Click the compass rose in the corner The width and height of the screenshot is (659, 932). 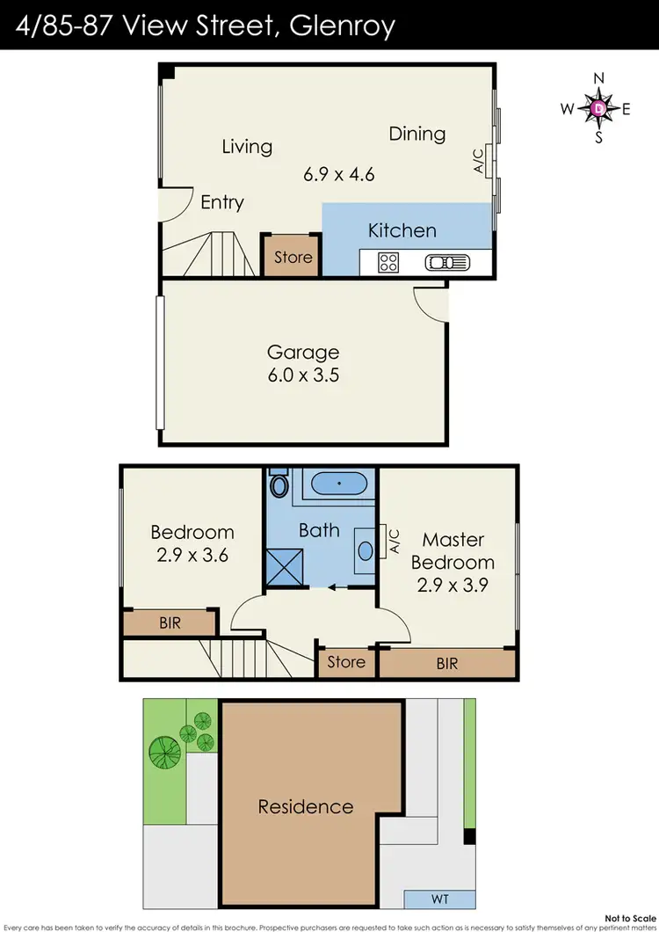[599, 108]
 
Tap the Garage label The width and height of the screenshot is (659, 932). [303, 353]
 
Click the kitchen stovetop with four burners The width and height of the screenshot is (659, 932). [388, 262]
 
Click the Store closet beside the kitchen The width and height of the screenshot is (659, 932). [293, 257]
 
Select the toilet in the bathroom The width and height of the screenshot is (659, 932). [279, 485]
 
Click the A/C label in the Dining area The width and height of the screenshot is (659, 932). [479, 161]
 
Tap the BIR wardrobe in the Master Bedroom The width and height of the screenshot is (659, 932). [447, 664]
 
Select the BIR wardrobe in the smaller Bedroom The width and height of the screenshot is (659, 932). [170, 623]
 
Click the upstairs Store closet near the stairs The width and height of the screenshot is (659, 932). [346, 662]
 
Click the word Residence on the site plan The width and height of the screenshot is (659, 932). [305, 806]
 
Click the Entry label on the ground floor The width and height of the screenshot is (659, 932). [221, 202]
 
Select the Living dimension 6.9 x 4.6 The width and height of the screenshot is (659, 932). [339, 174]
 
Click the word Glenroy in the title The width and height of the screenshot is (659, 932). [338, 25]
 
